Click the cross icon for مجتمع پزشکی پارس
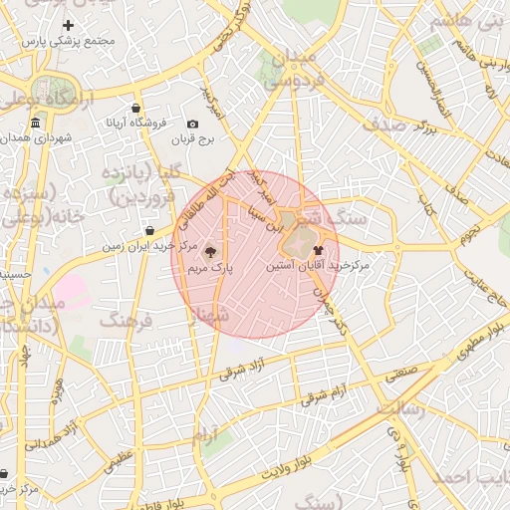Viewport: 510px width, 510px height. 68,25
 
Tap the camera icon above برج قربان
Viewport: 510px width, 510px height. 192,124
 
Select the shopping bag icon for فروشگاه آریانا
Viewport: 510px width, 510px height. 135,109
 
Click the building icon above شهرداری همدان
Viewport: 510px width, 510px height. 36,123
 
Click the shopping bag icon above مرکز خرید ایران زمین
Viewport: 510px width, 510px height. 149,230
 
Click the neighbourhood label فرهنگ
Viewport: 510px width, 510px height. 124,321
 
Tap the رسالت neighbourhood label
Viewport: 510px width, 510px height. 402,408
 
